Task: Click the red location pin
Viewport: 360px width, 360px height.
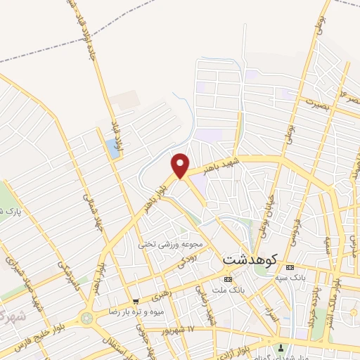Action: click(181, 165)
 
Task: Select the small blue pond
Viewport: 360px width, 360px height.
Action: click(112, 148)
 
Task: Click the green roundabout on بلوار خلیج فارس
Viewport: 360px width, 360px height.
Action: click(86, 318)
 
